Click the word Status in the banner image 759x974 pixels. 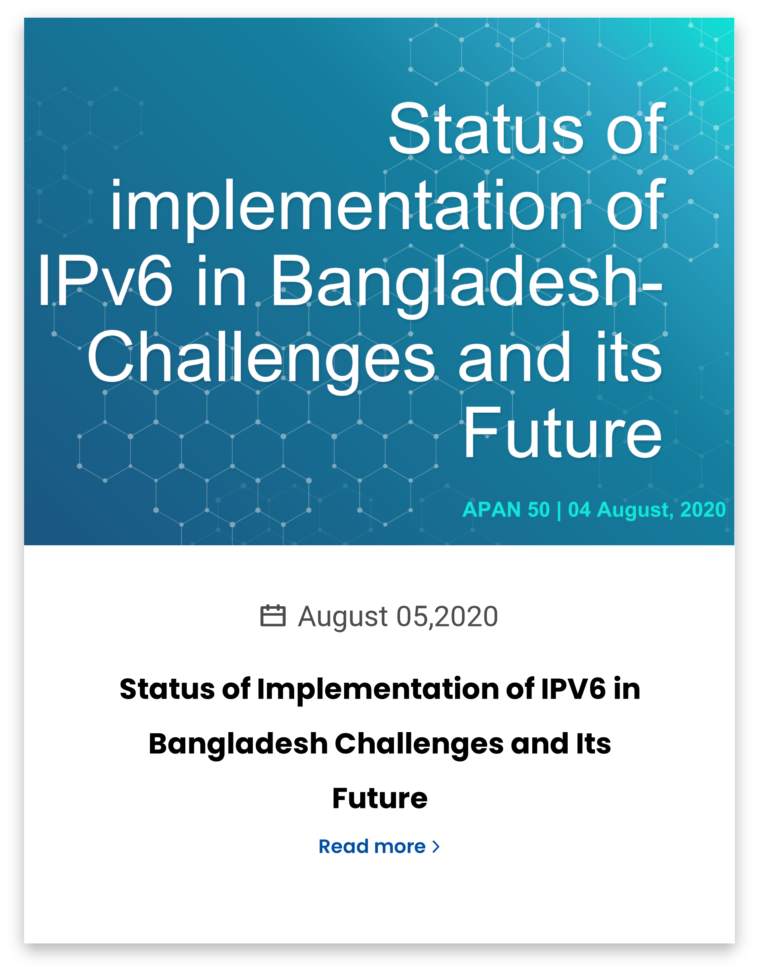coord(486,129)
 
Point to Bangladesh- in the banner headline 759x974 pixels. coord(467,285)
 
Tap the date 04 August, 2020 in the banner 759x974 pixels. coord(646,510)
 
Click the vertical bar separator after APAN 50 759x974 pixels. coord(559,510)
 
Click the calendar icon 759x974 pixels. coord(273,616)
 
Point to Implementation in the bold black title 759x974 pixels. coord(378,690)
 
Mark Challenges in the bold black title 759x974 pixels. coord(419,745)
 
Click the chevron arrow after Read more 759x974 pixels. coord(436,847)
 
